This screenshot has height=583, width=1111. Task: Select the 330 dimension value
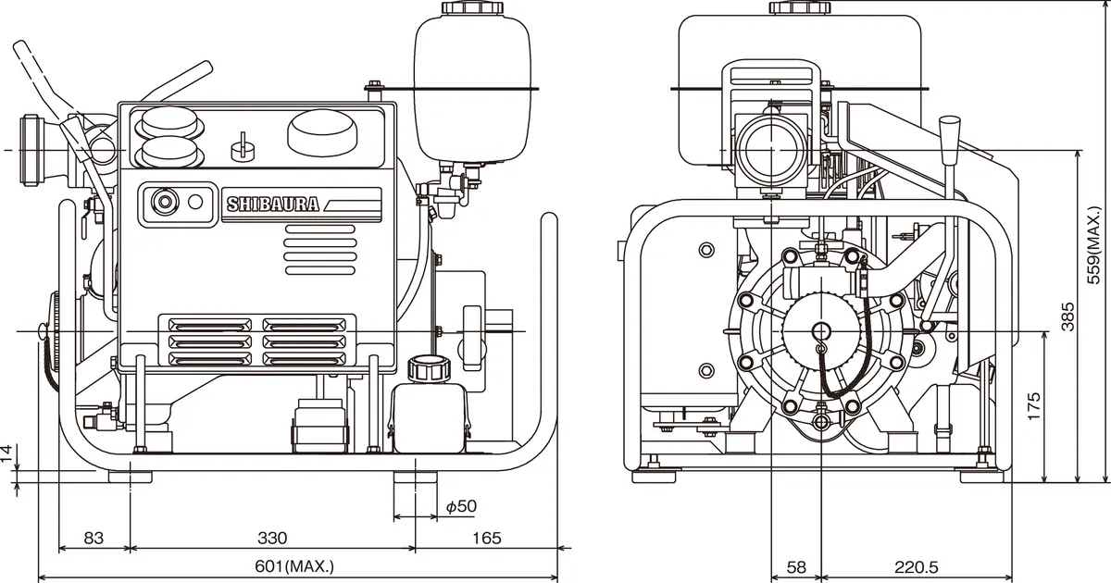(x=271, y=538)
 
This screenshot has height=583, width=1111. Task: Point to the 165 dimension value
(x=486, y=538)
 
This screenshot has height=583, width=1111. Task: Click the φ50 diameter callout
(x=460, y=506)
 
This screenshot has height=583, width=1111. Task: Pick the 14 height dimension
(x=8, y=453)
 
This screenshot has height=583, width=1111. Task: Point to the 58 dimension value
(x=795, y=566)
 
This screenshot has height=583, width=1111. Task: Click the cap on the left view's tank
(x=472, y=7)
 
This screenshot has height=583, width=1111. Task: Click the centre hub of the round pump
(x=819, y=329)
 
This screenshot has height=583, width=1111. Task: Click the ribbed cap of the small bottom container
(x=427, y=367)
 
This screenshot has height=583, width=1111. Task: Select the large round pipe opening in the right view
(x=768, y=149)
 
